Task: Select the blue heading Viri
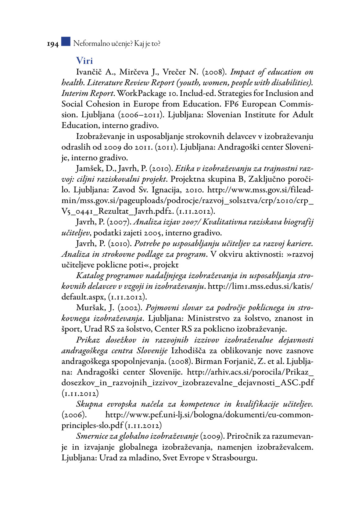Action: [84, 60]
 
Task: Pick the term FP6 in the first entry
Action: [233, 104]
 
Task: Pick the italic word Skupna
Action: [89, 404]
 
